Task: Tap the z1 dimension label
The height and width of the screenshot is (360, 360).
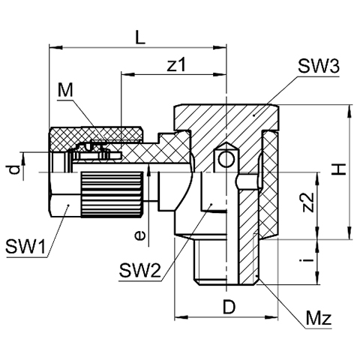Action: pyautogui.click(x=177, y=64)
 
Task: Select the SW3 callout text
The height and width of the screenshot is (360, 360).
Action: pyautogui.click(x=319, y=66)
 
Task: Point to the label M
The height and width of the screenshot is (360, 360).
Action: pyautogui.click(x=65, y=90)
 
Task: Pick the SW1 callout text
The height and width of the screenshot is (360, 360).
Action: pyautogui.click(x=26, y=246)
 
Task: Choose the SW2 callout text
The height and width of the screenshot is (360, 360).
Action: pyautogui.click(x=139, y=270)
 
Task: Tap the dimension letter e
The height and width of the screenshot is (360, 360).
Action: pyautogui.click(x=139, y=235)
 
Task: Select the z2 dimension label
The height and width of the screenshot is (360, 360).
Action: pyautogui.click(x=308, y=202)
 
